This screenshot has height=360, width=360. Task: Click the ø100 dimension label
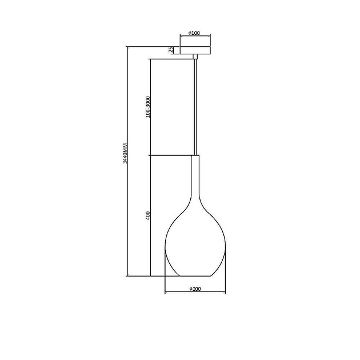(194, 33)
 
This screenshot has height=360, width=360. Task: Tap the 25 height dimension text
(171, 50)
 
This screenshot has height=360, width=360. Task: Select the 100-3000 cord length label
(148, 107)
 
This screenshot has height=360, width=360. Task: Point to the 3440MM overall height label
(125, 153)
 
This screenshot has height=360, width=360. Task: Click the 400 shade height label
(148, 216)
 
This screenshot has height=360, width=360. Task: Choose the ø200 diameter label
(195, 289)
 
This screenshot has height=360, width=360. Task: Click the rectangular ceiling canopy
(195, 50)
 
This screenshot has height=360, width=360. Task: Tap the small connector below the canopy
(195, 57)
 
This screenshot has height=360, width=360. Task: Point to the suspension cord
(195, 107)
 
